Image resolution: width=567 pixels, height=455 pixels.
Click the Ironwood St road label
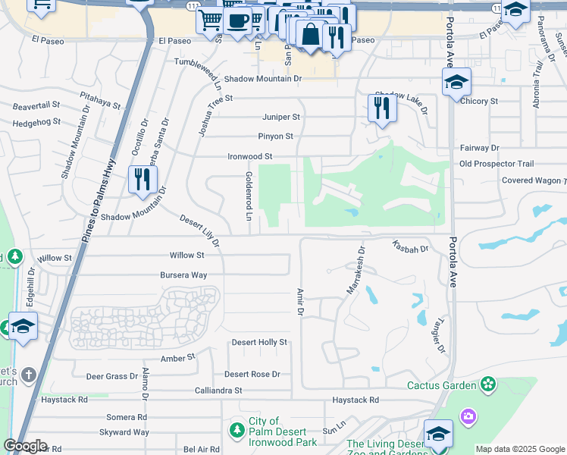[x=249, y=156]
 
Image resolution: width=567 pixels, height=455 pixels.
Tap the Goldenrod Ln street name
[x=248, y=196]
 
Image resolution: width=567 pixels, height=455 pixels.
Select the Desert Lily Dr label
[x=199, y=231]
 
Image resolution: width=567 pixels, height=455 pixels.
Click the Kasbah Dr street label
[x=410, y=246]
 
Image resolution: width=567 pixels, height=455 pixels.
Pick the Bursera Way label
[x=183, y=275]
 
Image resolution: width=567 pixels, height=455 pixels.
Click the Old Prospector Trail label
[x=497, y=164]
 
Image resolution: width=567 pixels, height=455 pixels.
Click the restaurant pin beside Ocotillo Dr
[x=142, y=180]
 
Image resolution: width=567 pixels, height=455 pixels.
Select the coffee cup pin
[x=237, y=20]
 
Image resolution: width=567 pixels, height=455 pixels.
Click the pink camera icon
[x=468, y=416]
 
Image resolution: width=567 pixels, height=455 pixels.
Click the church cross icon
[x=28, y=375]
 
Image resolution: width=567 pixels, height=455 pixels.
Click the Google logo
[x=27, y=446]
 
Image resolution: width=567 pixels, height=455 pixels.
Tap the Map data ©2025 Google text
[x=518, y=449]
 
